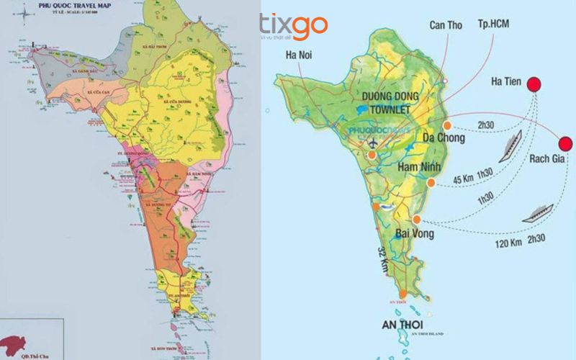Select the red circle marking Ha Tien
(534, 84)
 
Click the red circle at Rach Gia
(566, 144)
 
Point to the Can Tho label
(446, 25)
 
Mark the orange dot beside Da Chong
(447, 125)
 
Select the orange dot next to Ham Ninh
(431, 184)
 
